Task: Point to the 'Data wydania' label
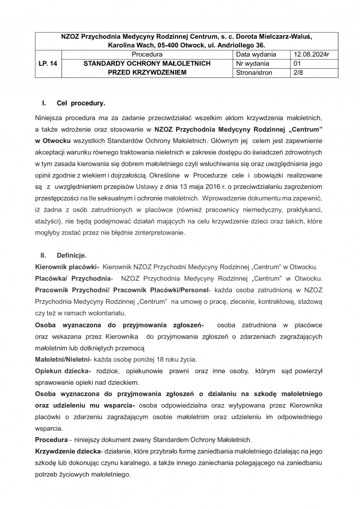point(256,54)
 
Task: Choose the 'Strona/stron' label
point(255,73)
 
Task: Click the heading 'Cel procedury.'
point(81,103)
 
